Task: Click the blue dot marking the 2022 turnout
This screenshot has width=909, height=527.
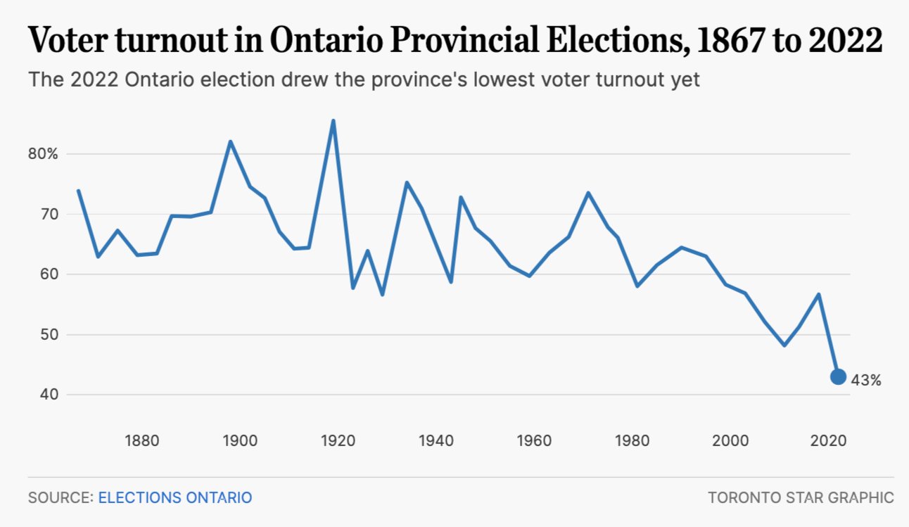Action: click(x=838, y=376)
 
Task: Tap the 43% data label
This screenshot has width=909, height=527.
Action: click(x=865, y=380)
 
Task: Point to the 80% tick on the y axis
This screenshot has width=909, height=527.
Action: click(x=44, y=154)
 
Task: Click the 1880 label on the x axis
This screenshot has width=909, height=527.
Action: click(x=142, y=442)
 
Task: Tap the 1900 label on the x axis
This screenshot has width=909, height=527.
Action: click(x=240, y=442)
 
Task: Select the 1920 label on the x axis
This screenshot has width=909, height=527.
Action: click(x=338, y=442)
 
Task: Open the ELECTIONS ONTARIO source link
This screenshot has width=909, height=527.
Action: click(x=174, y=497)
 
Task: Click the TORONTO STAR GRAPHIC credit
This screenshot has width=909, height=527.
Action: click(x=801, y=497)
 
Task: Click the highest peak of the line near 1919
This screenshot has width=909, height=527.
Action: click(x=333, y=121)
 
